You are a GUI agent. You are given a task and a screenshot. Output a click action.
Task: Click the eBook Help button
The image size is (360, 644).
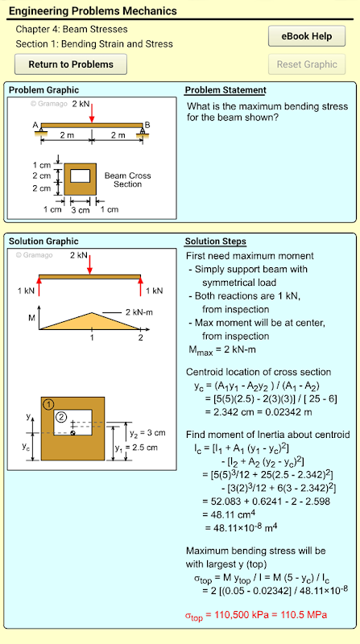pyautogui.click(x=307, y=36)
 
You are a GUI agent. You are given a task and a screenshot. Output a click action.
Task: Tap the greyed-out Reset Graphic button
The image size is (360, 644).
pyautogui.click(x=307, y=64)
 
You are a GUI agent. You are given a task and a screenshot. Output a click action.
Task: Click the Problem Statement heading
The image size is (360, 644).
pyautogui.click(x=226, y=90)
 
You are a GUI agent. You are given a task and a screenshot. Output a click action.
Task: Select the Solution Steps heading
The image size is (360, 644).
pyautogui.click(x=216, y=242)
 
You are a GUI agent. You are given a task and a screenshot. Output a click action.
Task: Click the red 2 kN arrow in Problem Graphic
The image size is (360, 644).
pyautogui.click(x=92, y=112)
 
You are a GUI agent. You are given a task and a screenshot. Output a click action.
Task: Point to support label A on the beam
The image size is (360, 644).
pyautogui.click(x=35, y=126)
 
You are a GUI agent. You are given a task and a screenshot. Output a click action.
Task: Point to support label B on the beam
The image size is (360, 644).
pyautogui.click(x=147, y=125)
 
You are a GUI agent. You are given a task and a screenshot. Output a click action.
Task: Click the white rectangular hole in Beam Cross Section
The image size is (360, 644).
pyautogui.click(x=81, y=175)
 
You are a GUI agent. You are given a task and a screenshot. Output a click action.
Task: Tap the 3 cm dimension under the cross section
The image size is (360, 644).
pyautogui.click(x=81, y=210)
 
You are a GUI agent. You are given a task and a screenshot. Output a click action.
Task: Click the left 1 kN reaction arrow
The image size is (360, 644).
pyautogui.click(x=39, y=286)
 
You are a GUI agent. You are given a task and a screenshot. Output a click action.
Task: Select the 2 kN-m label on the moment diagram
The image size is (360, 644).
pyautogui.click(x=139, y=312)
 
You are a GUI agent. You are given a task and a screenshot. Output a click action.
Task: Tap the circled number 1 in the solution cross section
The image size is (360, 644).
pyautogui.click(x=48, y=405)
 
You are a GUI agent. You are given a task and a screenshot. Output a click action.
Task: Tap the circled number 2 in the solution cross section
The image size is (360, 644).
pyautogui.click(x=61, y=417)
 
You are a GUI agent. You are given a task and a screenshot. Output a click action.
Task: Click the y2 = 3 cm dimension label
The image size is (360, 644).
pyautogui.click(x=147, y=433)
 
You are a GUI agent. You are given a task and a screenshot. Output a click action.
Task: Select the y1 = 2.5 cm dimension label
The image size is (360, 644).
pyautogui.click(x=136, y=448)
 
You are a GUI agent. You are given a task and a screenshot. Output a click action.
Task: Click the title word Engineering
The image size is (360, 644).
pyautogui.click(x=39, y=11)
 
